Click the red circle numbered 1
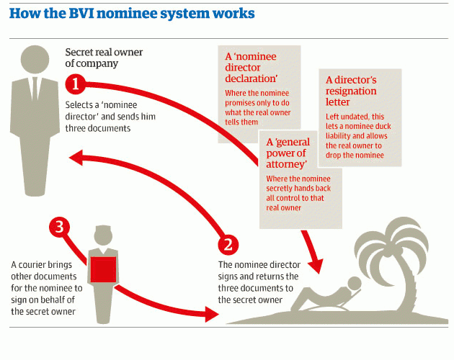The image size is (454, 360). tap(76, 85)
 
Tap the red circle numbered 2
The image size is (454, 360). tap(228, 243)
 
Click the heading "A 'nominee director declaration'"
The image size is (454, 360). tap(250, 69)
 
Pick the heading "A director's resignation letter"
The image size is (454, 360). tap(351, 91)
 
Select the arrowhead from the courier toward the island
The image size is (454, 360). tap(211, 314)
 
